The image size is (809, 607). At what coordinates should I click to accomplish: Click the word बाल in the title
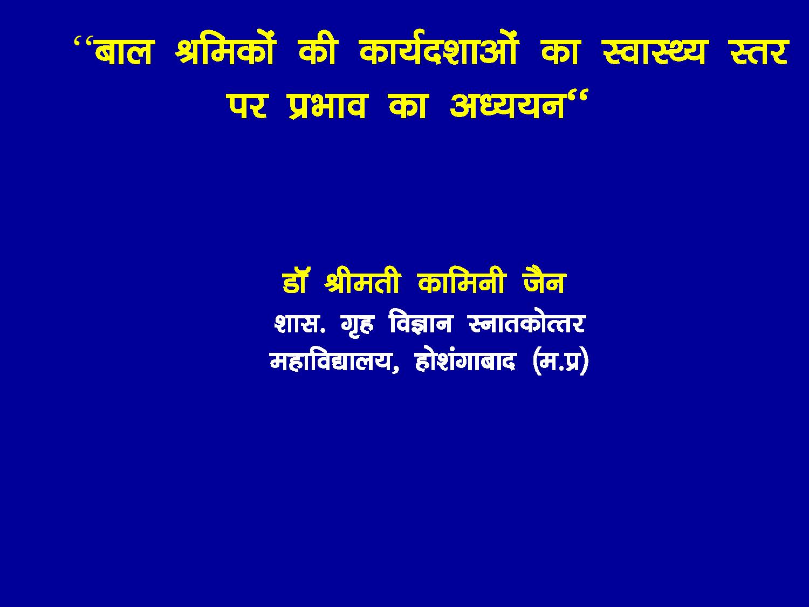[123, 52]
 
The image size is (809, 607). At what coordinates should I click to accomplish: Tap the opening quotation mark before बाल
[83, 43]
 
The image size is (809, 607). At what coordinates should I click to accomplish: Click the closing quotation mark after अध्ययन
[577, 97]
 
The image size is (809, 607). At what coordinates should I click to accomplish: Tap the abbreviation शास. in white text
[300, 324]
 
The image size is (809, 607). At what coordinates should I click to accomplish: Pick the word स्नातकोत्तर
[527, 323]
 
